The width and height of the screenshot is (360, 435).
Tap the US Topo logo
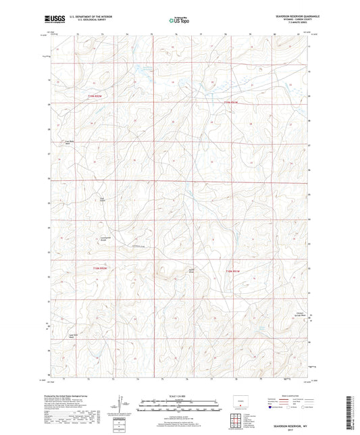pyautogui.click(x=178, y=20)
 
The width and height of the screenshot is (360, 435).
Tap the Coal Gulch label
pyautogui.click(x=103, y=199)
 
